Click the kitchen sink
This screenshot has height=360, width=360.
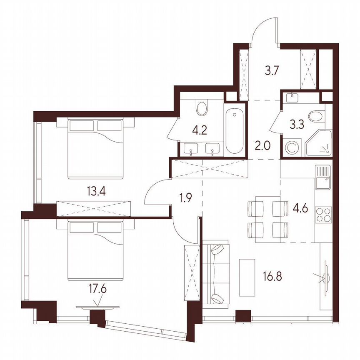click(x=323, y=177)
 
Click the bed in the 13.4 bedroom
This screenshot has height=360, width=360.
click(x=96, y=148)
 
